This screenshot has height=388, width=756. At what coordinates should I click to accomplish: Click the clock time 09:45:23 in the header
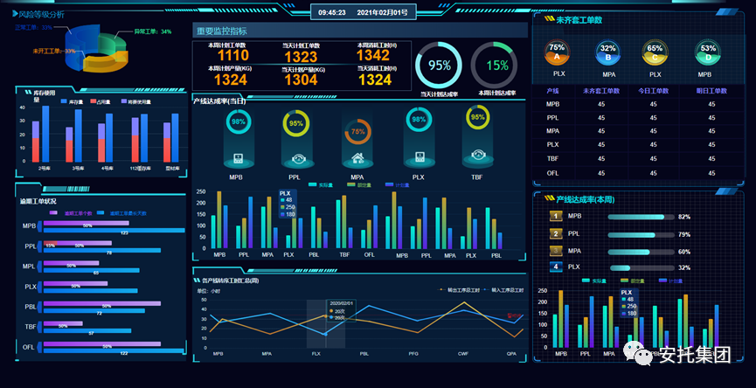pyautogui.click(x=332, y=13)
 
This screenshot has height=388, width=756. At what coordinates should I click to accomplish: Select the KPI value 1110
pyautogui.click(x=232, y=56)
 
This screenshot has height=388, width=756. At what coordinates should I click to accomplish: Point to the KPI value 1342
pyautogui.click(x=374, y=56)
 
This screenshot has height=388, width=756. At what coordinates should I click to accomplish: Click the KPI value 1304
pyautogui.click(x=301, y=80)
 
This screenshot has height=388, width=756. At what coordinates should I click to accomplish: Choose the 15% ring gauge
pyautogui.click(x=497, y=65)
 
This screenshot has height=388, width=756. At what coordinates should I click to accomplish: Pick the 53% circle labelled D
pyautogui.click(x=708, y=52)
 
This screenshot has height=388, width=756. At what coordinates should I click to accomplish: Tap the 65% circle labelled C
pyautogui.click(x=655, y=52)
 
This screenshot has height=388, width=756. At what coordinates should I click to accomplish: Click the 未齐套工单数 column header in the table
pyautogui.click(x=602, y=91)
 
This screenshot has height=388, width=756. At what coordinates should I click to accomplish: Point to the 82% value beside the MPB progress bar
pyautogui.click(x=684, y=217)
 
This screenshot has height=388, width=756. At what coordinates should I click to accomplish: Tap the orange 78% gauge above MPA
pyautogui.click(x=357, y=132)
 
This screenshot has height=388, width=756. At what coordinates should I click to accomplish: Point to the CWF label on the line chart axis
pyautogui.click(x=463, y=354)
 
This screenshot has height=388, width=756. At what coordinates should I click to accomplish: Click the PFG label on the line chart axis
pyautogui.click(x=413, y=354)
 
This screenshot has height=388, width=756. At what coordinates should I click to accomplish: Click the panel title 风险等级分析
pyautogui.click(x=41, y=15)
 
